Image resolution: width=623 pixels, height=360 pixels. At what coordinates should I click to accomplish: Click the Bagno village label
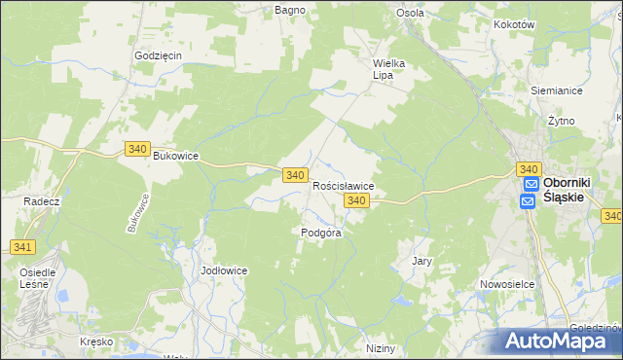[x=290, y=10]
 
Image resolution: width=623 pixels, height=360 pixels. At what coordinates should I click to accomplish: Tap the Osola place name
[x=410, y=13]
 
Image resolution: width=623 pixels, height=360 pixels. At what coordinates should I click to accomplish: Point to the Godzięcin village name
[x=159, y=55]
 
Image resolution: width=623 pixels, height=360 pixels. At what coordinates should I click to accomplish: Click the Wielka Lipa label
[x=388, y=69]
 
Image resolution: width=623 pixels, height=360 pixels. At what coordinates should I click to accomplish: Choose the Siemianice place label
[x=556, y=90]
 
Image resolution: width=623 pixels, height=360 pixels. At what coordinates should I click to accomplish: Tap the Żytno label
[x=561, y=121]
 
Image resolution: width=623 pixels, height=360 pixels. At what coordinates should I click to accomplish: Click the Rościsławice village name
[x=344, y=185]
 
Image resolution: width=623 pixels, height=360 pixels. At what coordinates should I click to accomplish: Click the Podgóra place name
[x=320, y=233]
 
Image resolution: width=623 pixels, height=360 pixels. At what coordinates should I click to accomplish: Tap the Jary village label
[x=421, y=261]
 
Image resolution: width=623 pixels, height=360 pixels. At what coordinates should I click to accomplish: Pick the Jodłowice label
[x=224, y=270]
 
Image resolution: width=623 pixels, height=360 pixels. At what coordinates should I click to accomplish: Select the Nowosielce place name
[x=503, y=284]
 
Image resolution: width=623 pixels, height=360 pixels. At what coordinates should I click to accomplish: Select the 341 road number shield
[x=24, y=247]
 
